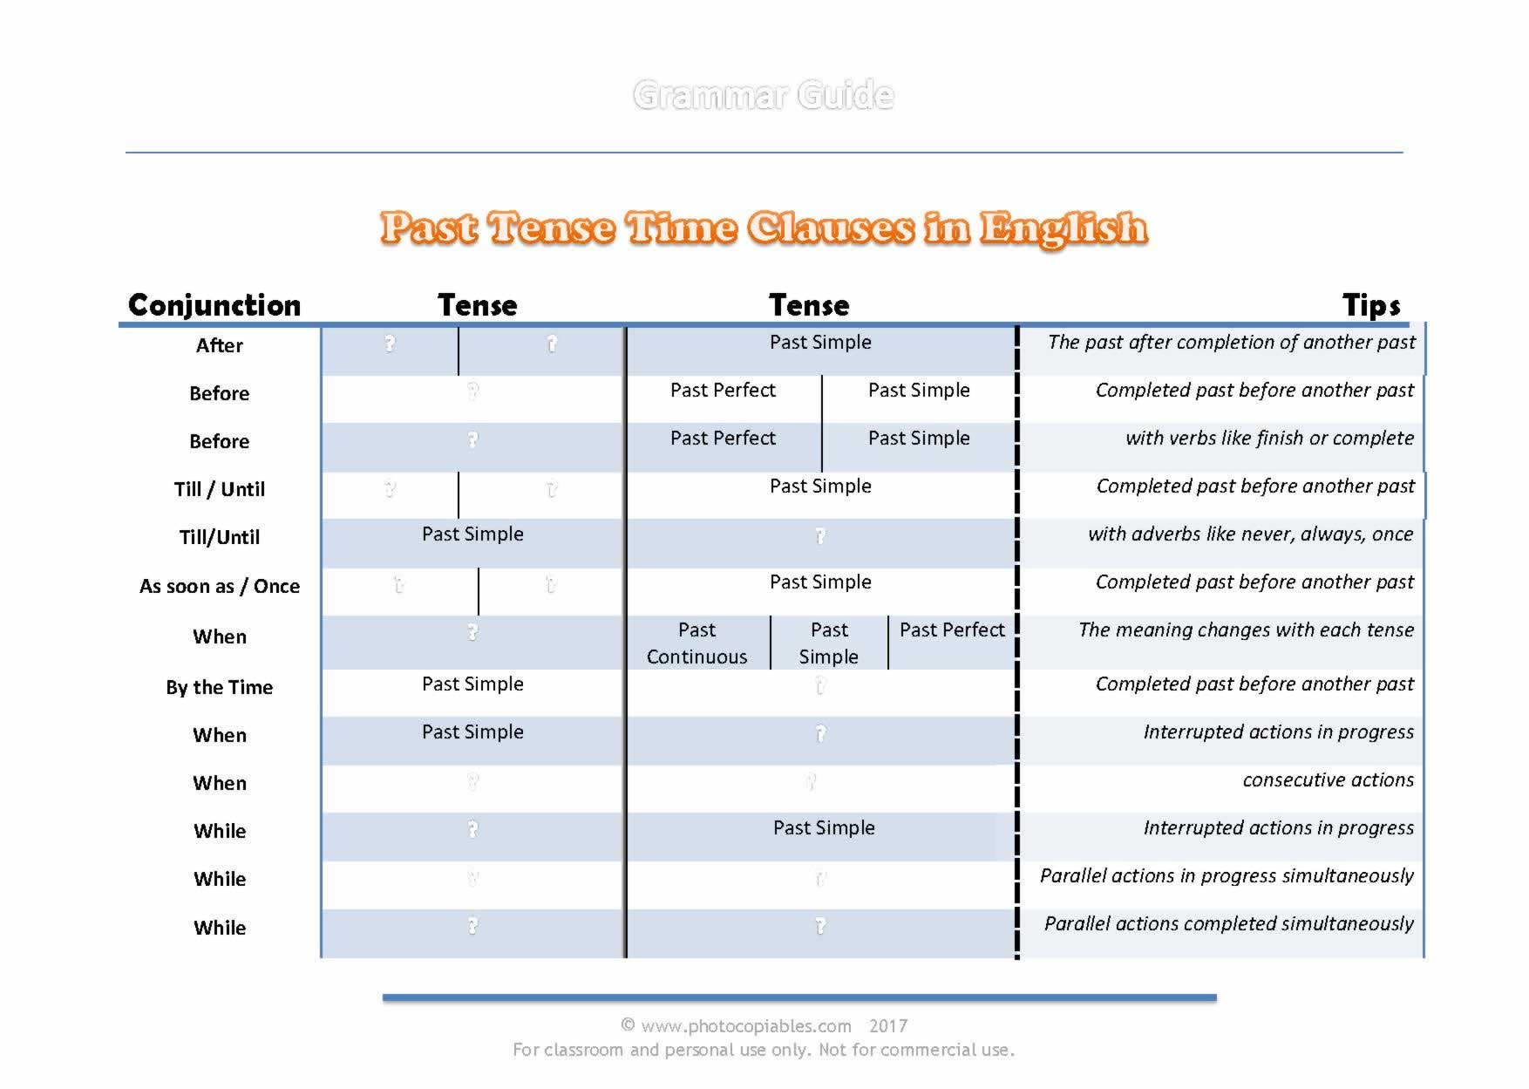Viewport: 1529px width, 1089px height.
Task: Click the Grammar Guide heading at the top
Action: tap(764, 95)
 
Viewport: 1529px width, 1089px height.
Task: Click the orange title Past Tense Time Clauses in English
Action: tap(764, 228)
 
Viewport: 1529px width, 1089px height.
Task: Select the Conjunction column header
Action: tap(214, 305)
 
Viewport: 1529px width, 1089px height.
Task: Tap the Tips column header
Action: tap(1371, 305)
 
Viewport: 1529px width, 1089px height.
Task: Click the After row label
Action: tap(220, 346)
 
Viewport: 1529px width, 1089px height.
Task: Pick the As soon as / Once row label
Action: tap(220, 587)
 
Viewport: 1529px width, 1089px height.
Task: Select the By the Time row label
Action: tap(220, 688)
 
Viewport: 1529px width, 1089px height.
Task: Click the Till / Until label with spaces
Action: tap(220, 490)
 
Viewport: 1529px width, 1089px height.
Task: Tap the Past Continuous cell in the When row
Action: tap(697, 643)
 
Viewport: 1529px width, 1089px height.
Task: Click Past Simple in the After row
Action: tap(820, 343)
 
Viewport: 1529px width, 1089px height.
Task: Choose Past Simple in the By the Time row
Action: tap(472, 684)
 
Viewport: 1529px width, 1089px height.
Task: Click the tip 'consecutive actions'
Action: tap(1328, 780)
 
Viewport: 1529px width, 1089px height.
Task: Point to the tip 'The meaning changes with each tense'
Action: tap(1246, 630)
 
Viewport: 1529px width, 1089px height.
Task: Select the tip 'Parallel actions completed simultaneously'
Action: tap(1228, 924)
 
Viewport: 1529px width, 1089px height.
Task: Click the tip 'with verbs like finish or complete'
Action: tap(1269, 439)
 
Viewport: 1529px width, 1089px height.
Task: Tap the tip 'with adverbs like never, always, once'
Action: tap(1250, 534)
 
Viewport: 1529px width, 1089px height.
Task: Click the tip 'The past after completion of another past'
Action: tap(1231, 343)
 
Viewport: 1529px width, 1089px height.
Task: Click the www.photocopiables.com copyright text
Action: tap(764, 1026)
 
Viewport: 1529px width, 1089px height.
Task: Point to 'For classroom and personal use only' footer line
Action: tap(764, 1051)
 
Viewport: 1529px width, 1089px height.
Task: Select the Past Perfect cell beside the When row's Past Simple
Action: tap(952, 630)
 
